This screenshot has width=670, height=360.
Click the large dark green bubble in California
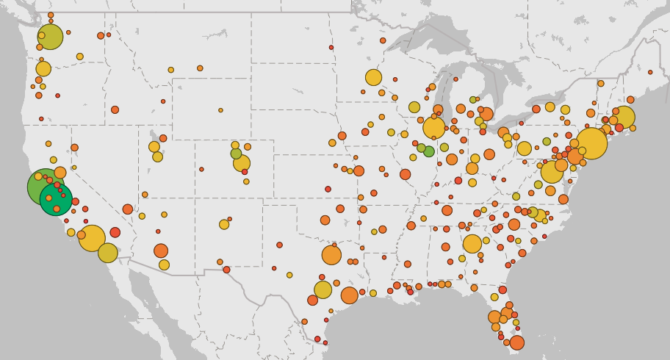(56, 199)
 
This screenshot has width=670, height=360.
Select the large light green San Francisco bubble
(44, 186)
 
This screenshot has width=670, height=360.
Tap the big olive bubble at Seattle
(50, 37)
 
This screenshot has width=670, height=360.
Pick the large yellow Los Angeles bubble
(92, 238)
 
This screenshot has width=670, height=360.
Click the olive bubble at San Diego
(108, 253)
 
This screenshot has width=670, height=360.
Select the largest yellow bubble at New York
(591, 144)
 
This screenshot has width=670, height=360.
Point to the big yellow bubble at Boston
(623, 117)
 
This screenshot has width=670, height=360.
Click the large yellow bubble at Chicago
(434, 128)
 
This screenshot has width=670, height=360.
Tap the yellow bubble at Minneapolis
(373, 77)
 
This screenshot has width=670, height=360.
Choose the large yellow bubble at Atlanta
(472, 244)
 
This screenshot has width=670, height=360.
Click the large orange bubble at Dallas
(331, 255)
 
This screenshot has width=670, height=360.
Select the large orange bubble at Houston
(349, 295)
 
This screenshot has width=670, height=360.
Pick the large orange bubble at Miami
(517, 342)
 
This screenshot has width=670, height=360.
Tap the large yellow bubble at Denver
(242, 163)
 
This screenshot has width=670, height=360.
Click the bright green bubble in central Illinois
(429, 151)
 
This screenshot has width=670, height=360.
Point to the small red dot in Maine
(650, 72)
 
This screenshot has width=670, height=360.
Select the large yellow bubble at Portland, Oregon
(43, 69)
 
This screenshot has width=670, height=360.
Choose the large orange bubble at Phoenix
(161, 251)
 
